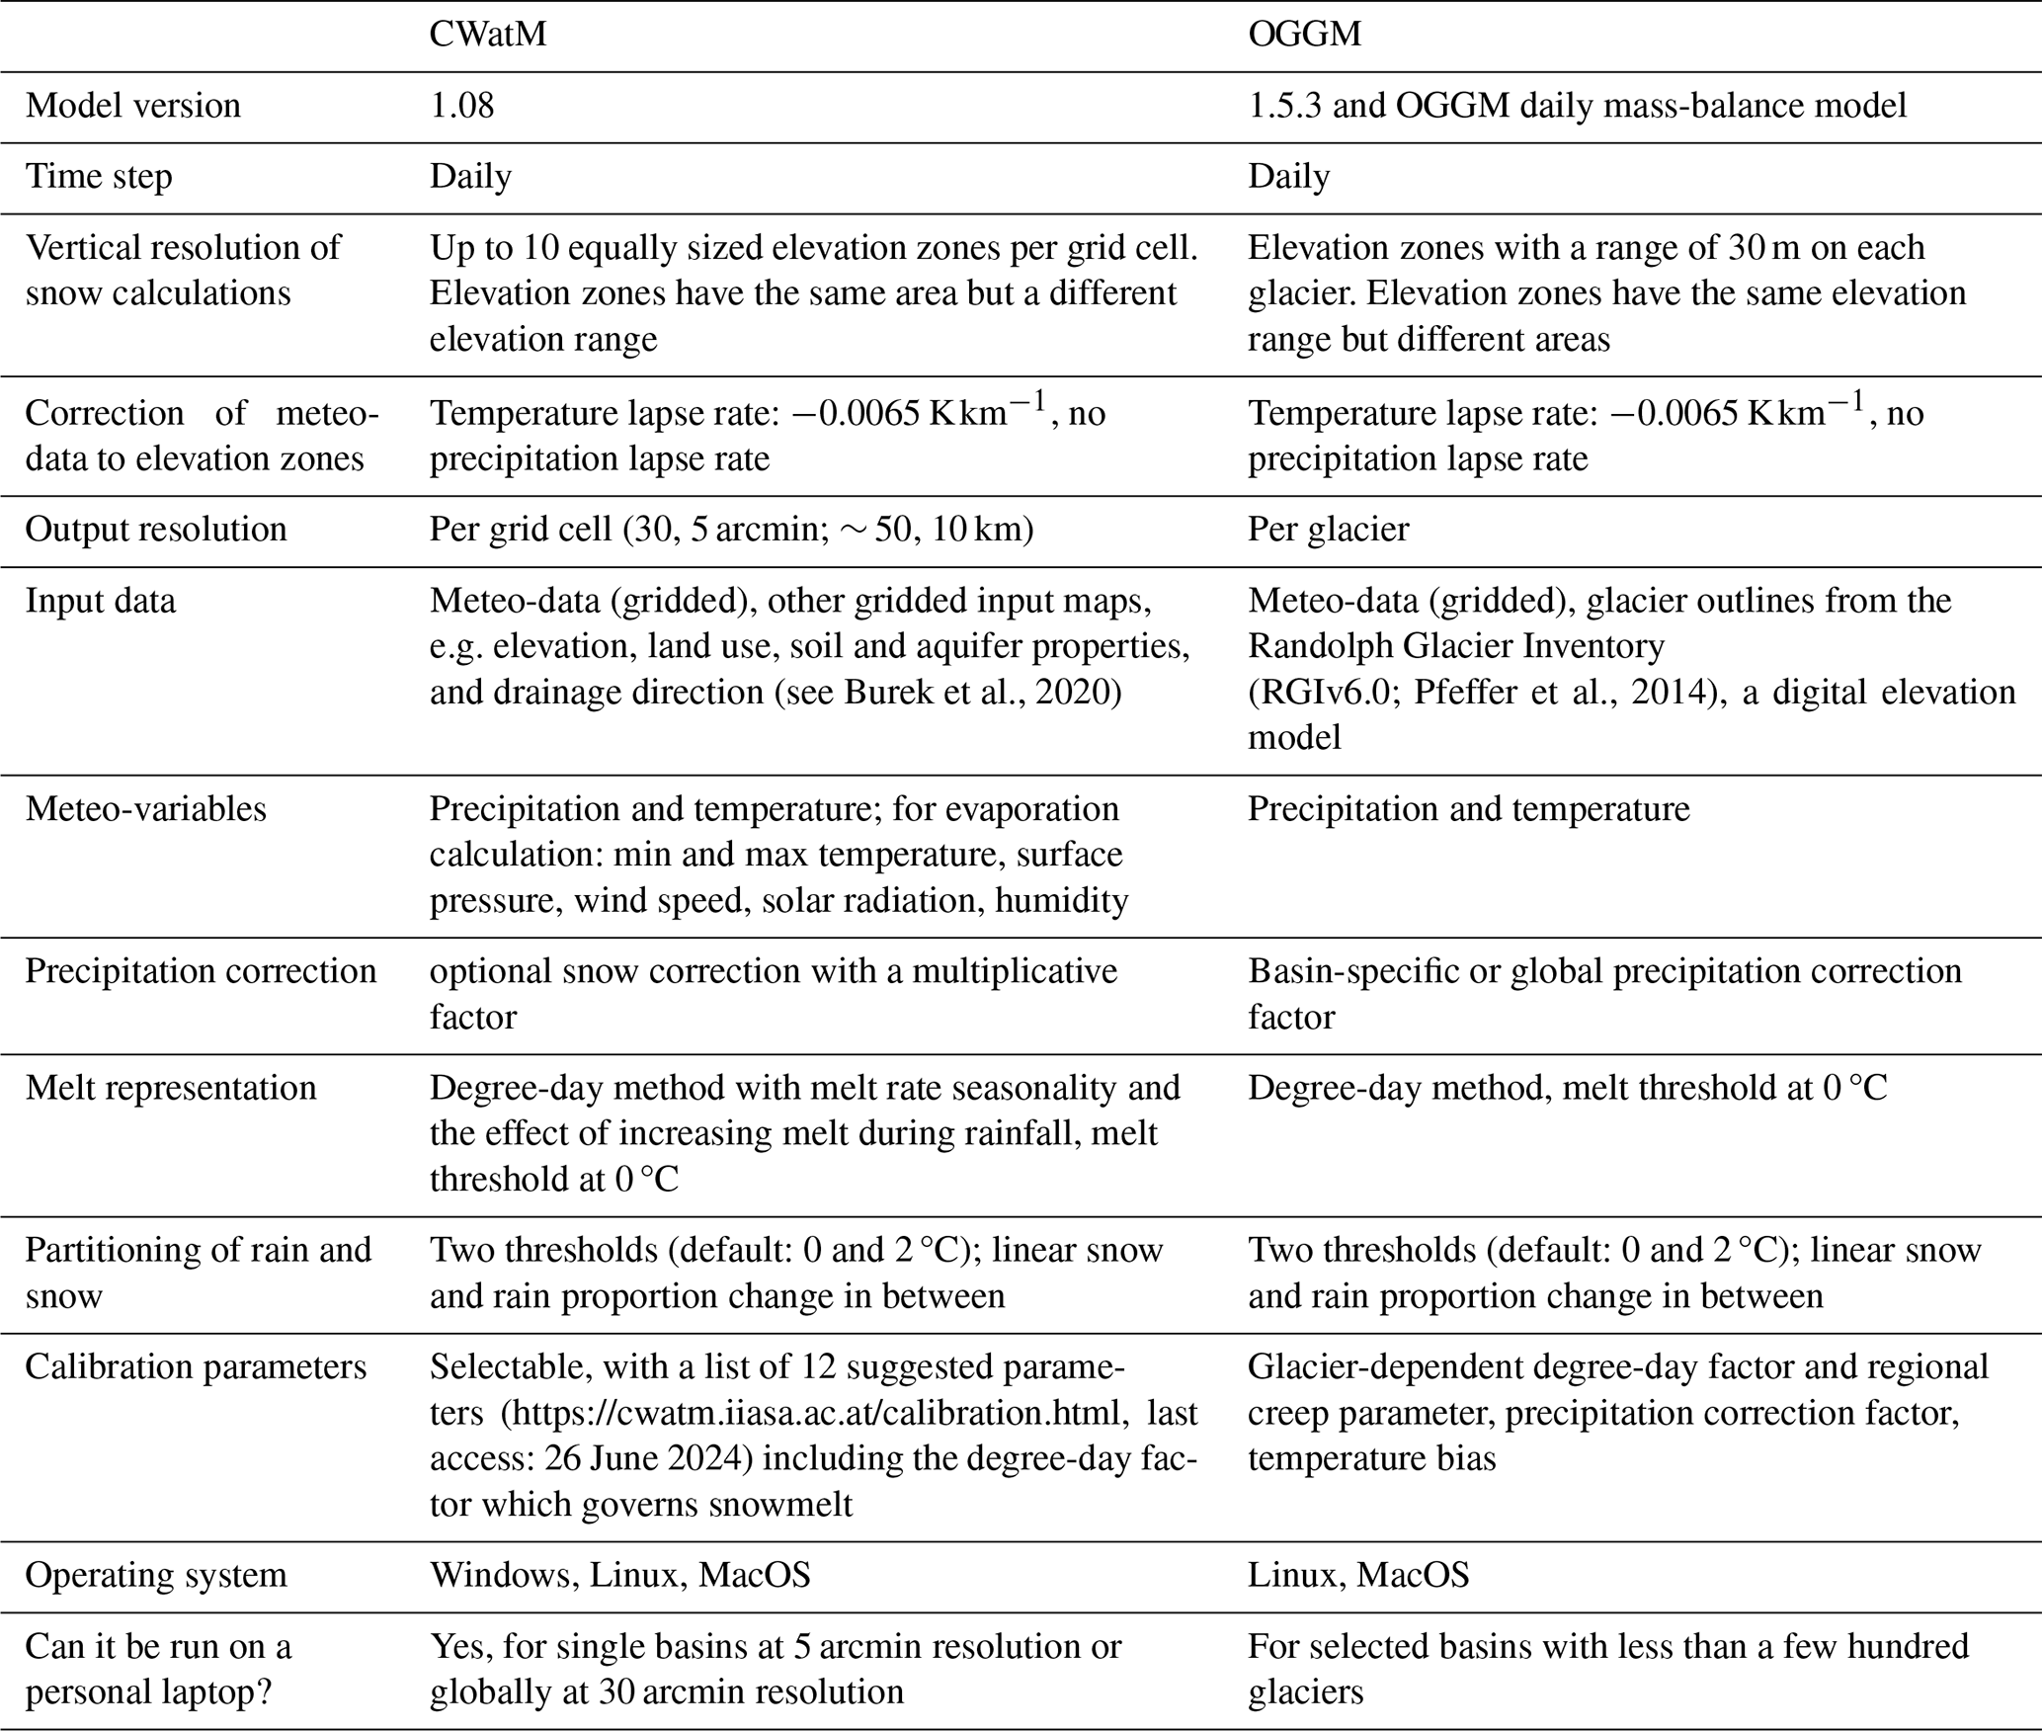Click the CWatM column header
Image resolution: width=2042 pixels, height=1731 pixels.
point(487,35)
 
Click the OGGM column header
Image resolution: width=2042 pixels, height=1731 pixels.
point(1304,35)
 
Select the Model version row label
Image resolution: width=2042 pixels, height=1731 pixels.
point(133,106)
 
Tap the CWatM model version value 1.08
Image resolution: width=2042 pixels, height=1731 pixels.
point(461,106)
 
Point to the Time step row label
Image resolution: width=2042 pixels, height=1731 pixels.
point(99,177)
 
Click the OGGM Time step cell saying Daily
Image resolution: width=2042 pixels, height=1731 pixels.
point(1288,177)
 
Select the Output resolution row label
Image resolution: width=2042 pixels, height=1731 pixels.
point(156,530)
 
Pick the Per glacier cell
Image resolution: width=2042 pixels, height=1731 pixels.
point(1328,530)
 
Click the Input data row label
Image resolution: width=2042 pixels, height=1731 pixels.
point(101,601)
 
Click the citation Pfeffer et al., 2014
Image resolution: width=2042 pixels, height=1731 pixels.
point(1561,693)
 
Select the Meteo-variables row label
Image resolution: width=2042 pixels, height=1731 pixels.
point(146,809)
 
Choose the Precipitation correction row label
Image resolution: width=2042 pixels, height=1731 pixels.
point(201,971)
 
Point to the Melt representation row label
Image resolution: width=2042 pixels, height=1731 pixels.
point(171,1088)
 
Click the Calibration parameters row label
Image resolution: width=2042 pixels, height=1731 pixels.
point(196,1367)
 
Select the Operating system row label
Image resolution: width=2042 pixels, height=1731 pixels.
point(156,1575)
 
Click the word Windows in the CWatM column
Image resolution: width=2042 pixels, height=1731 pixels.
point(502,1575)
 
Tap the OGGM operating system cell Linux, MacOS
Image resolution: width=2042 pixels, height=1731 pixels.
point(1358,1575)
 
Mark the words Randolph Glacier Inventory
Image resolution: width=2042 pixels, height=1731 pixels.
point(1456,646)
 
